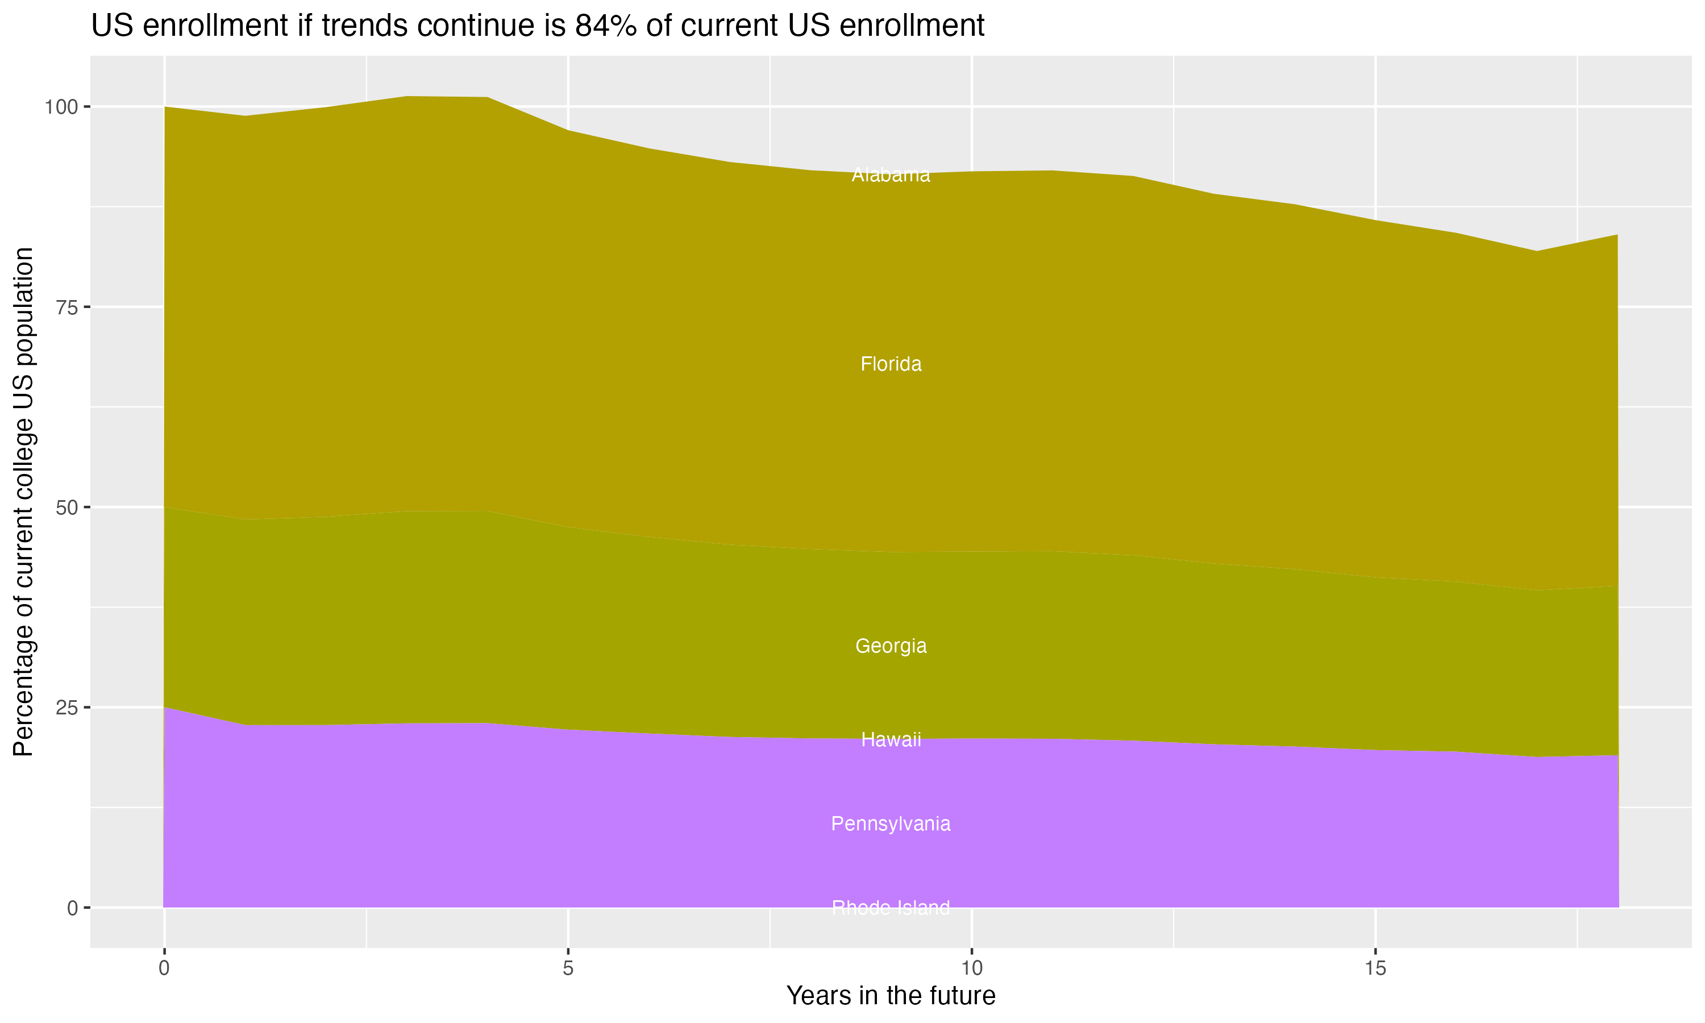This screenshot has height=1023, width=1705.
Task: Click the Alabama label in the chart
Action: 891,175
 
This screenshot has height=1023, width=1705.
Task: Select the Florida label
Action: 891,364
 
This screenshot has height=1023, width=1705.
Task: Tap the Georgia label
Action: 891,646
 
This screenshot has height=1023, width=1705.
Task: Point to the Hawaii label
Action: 891,739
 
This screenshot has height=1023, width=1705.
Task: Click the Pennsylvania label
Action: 891,824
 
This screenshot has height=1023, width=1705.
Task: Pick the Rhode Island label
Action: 891,908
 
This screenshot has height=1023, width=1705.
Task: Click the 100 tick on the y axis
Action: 63,107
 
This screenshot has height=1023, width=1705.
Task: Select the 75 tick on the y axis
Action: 67,307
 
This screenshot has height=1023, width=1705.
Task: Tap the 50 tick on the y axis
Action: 67,508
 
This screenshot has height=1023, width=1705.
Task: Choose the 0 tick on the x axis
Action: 164,968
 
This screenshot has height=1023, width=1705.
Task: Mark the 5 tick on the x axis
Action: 568,968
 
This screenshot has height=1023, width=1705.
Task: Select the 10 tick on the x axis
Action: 972,968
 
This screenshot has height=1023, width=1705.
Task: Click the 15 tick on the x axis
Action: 1375,968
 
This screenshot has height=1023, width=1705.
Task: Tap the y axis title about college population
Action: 23,501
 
